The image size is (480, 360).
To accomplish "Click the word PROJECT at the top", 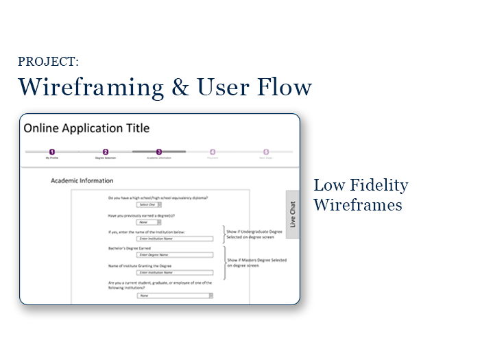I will tap(48, 62).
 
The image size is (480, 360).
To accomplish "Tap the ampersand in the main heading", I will tap(180, 88).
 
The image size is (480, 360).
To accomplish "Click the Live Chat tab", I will tap(293, 215).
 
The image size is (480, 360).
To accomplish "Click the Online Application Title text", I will tap(86, 128).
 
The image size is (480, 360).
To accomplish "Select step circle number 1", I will tap(51, 152).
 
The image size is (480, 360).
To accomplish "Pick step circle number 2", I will tap(106, 152).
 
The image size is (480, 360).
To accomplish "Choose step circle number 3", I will tap(159, 152).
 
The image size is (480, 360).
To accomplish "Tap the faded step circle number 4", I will tap(213, 152).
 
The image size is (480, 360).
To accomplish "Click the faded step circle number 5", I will tap(266, 152).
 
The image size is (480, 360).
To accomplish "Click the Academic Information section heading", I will tap(82, 181).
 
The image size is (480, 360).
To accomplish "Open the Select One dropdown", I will tap(149, 204).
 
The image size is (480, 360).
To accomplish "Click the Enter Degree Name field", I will tap(174, 254).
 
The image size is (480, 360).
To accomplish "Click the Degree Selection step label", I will tap(106, 158).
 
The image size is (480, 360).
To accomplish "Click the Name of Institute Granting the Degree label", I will tap(141, 265).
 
